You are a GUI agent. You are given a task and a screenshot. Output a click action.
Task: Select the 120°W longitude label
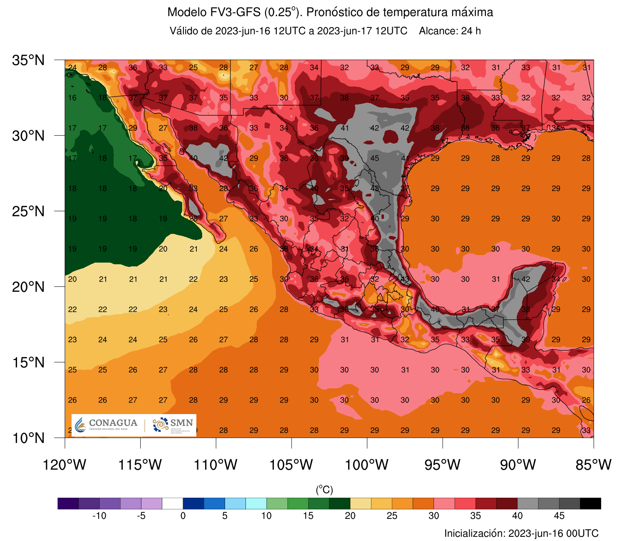point(64,464)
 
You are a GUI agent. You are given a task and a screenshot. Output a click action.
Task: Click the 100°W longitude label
point(367,464)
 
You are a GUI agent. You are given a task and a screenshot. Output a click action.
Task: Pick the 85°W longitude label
point(594,464)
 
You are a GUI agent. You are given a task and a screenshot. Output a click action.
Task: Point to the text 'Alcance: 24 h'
point(450,31)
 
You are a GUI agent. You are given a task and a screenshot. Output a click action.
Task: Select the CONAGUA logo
point(106,425)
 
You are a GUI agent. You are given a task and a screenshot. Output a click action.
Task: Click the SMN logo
point(173,425)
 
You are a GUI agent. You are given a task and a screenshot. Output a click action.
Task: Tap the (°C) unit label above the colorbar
point(324,490)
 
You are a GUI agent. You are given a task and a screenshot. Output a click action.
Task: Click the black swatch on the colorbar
point(590,504)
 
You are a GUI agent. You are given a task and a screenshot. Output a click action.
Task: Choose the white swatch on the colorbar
point(173,504)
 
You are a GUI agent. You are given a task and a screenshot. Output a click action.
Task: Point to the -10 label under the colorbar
point(99,516)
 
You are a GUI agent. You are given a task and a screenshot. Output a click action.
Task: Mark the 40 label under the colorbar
point(517,516)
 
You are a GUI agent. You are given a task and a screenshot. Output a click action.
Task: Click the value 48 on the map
point(375,189)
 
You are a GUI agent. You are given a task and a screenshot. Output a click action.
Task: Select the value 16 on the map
point(72,98)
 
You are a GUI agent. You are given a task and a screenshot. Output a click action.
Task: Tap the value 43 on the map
point(405,279)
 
